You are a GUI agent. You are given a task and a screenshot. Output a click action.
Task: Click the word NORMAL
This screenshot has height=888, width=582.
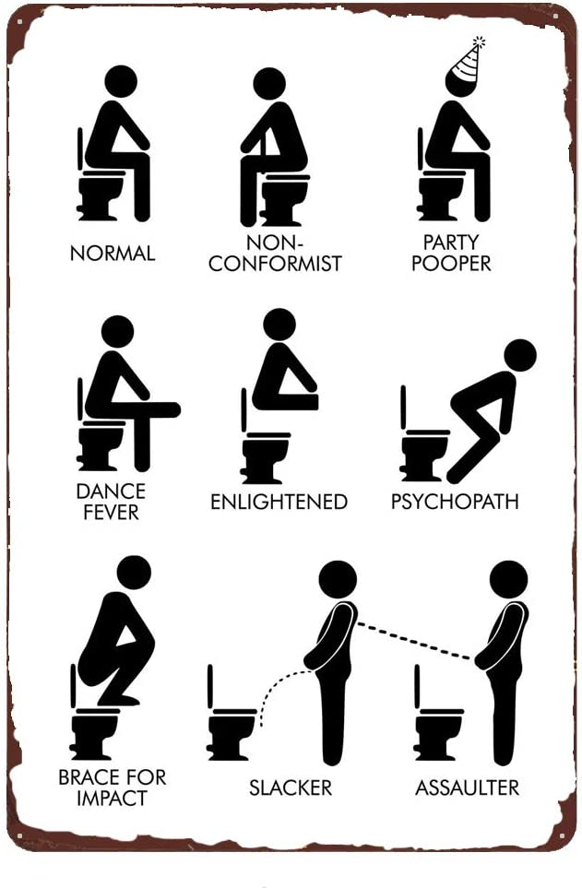[113, 253]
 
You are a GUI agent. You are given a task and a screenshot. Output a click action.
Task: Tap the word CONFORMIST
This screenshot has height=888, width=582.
[275, 264]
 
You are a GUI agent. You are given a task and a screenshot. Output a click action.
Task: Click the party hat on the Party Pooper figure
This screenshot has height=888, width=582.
[468, 61]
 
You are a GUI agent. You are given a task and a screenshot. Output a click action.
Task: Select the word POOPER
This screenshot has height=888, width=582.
[451, 264]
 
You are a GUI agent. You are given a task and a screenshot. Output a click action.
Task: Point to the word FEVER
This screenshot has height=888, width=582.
[111, 512]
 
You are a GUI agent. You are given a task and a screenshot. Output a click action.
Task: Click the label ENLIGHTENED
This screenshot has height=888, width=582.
[279, 502]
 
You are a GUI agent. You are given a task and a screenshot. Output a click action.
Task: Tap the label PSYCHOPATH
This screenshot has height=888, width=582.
[455, 502]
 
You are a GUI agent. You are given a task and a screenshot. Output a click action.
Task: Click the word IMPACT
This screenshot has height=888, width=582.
[112, 798]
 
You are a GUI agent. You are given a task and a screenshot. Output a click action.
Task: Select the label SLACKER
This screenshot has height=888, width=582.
[291, 787]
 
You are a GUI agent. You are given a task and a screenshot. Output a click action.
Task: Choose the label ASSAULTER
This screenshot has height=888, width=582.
[467, 787]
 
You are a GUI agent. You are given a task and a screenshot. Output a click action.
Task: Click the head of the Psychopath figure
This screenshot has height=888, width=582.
[520, 355]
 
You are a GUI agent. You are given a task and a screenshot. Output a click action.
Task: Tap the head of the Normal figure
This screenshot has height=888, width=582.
[121, 81]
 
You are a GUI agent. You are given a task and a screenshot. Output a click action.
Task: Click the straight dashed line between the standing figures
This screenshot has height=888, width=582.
[414, 641]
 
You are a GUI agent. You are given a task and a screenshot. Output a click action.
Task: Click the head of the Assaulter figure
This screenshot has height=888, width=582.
[509, 580]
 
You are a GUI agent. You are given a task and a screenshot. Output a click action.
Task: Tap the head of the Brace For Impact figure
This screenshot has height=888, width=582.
[135, 572]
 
